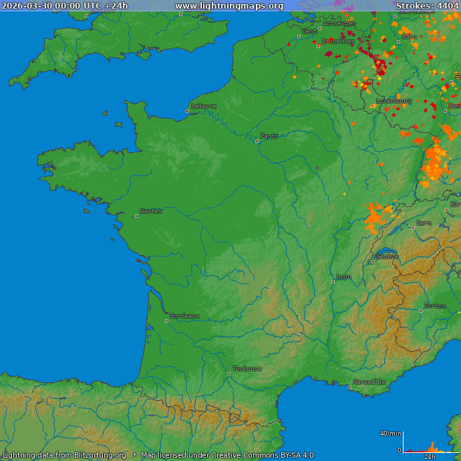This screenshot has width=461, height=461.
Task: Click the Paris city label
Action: pyautogui.click(x=269, y=136)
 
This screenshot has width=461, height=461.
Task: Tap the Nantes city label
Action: pyautogui.click(x=151, y=211)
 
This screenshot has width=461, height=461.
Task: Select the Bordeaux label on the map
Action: pyautogui.click(x=184, y=316)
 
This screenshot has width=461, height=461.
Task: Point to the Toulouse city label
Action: pyautogui.click(x=247, y=369)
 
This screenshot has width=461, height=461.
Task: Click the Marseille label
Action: pyautogui.click(x=369, y=382)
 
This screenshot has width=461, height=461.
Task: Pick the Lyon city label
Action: pyautogui.click(x=344, y=277)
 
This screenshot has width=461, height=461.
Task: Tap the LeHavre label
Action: pyautogui.click(x=204, y=106)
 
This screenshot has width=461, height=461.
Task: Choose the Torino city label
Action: pyautogui.click(x=435, y=306)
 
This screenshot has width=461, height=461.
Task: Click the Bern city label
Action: pyautogui.click(x=424, y=223)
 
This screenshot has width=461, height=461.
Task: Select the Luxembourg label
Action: pyautogui.click(x=394, y=101)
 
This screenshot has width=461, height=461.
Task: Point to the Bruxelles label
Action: pyautogui.click(x=338, y=41)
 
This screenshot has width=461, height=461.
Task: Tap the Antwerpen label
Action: pyautogui.click(x=339, y=23)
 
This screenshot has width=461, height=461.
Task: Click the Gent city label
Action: pyautogui.click(x=310, y=31)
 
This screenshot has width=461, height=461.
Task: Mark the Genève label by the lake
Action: pyautogui.click(x=388, y=256)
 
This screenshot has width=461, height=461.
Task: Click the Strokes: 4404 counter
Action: pyautogui.click(x=427, y=6)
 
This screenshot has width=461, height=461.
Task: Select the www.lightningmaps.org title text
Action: pyautogui.click(x=229, y=6)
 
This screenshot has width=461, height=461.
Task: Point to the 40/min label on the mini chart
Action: pyautogui.click(x=391, y=434)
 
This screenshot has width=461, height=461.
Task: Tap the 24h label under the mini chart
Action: pyautogui.click(x=430, y=457)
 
